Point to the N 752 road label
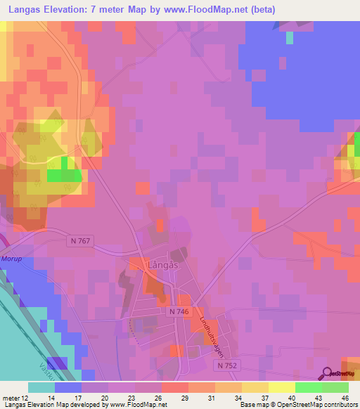(227, 365)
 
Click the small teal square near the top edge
(289, 38)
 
